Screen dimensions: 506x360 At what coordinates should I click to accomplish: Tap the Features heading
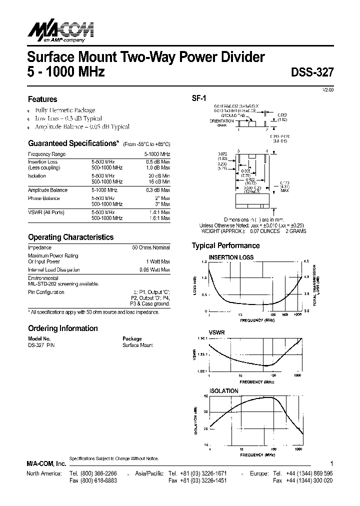42,99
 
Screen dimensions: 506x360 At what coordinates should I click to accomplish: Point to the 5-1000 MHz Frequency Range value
157,154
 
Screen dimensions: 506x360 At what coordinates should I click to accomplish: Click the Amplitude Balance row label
47,190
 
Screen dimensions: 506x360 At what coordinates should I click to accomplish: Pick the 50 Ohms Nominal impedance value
151,247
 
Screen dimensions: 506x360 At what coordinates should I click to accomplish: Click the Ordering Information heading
62,328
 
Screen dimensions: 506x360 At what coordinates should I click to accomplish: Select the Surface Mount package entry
138,345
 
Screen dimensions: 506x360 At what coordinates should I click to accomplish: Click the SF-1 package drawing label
199,98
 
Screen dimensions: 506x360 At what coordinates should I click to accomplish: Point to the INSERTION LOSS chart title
231,257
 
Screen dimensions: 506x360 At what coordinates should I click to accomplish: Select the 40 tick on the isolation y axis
205,396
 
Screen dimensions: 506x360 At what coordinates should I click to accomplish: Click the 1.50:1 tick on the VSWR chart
201,338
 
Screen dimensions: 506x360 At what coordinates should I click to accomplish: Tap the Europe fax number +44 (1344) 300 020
309,480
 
